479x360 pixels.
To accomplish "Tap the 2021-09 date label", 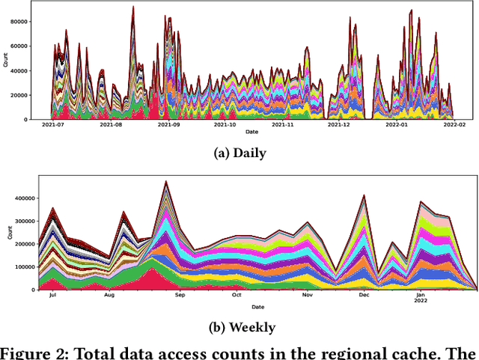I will click(x=169, y=126).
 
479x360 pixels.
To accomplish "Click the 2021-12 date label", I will click(x=339, y=126).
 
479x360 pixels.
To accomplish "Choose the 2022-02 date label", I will click(x=454, y=126).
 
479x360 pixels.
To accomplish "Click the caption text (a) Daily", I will click(x=239, y=152).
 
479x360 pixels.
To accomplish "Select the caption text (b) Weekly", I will click(x=239, y=327).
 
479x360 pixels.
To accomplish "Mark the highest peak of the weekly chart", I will click(x=166, y=181).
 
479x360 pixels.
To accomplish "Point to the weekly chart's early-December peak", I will click(x=364, y=195).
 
